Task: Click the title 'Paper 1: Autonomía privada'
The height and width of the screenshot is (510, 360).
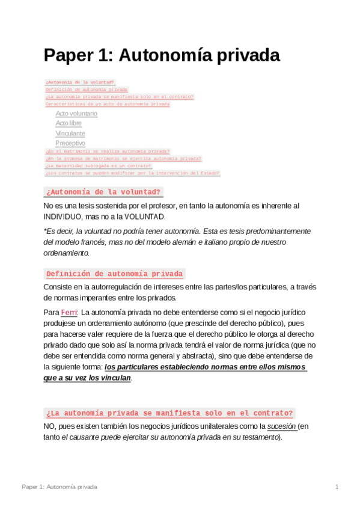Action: [x=162, y=55]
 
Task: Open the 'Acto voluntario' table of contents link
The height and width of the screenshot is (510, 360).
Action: [x=76, y=113]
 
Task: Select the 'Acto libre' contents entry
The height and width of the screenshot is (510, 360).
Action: [x=69, y=123]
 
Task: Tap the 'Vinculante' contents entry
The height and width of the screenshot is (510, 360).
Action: [x=70, y=134]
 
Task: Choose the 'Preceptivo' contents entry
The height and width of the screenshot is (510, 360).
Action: [x=70, y=144]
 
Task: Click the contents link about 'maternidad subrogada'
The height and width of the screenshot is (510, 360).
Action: [x=98, y=165]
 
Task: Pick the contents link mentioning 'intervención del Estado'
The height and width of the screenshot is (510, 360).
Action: [x=132, y=173]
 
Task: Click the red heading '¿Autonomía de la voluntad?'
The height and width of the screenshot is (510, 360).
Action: [x=103, y=192]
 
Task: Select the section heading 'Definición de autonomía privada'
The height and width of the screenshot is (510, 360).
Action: [x=114, y=274]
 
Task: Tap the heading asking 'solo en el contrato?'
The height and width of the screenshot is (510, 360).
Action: [x=169, y=413]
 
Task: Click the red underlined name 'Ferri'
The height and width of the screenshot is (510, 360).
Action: [x=69, y=313]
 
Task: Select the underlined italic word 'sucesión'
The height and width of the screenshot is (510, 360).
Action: [x=282, y=426]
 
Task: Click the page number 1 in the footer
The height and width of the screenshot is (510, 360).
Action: [x=337, y=486]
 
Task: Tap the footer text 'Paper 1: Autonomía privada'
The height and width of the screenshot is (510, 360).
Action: [x=59, y=486]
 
